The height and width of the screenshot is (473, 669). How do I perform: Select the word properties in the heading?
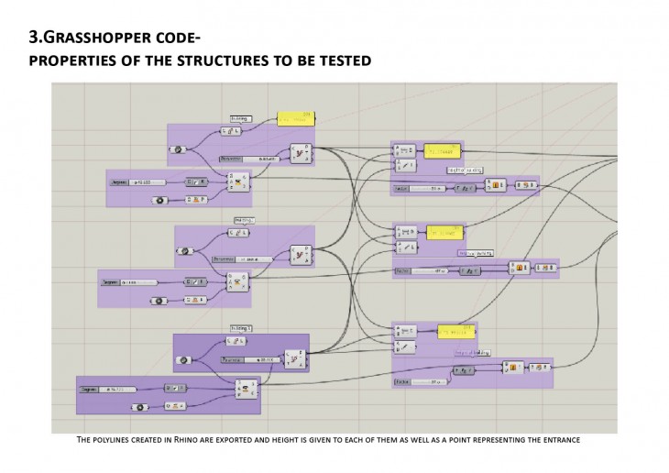(74, 60)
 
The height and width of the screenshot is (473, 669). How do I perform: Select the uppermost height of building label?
(466, 170)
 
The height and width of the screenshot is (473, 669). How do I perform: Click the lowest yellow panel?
(449, 331)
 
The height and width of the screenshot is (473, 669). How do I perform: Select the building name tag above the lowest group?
(241, 327)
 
